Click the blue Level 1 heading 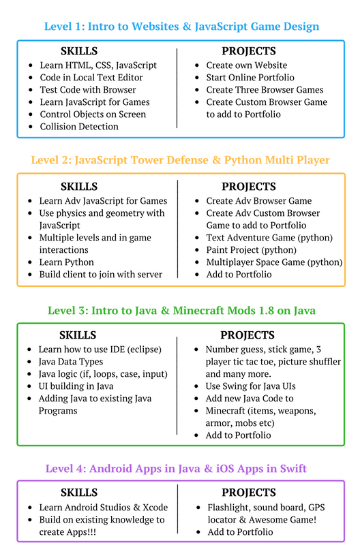point(181,27)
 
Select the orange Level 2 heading point(180,160)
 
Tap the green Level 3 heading point(181,311)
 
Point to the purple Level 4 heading point(176,468)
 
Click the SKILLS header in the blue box point(79,51)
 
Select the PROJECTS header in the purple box point(249,493)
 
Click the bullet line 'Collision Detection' point(79,127)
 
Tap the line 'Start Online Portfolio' point(250,78)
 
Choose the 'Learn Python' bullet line point(67,262)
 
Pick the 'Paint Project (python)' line point(251,250)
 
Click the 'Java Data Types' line point(71,362)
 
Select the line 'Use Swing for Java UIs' point(250,386)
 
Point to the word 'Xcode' point(155,508)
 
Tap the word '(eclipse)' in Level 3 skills point(145,350)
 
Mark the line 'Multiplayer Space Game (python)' point(274,262)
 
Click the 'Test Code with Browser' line point(88,90)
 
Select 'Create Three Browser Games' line point(265,90)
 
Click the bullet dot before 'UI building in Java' point(29,386)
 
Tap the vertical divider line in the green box point(177,386)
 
